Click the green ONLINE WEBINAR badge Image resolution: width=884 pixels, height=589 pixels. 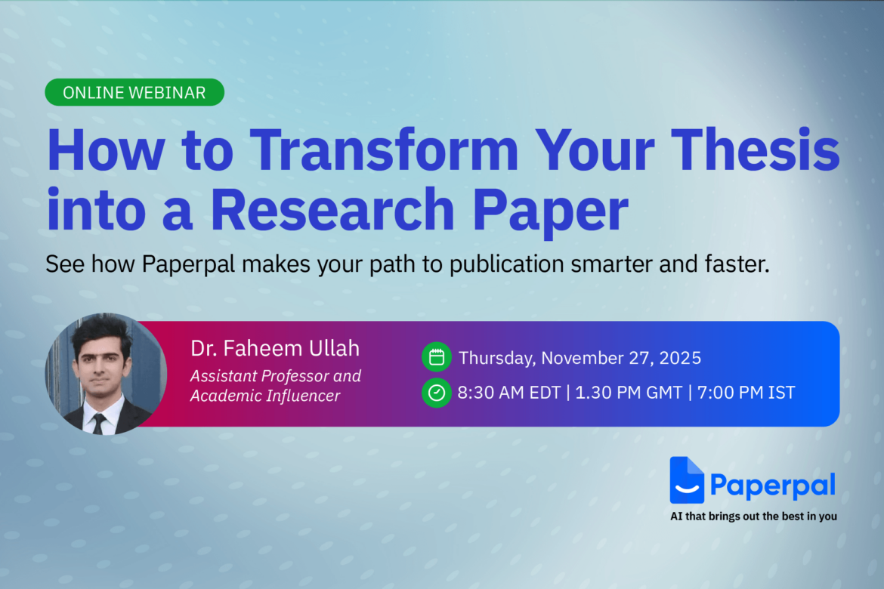[x=134, y=92]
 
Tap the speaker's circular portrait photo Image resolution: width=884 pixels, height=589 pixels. [x=106, y=374]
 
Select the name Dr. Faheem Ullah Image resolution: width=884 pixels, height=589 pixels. [x=275, y=348]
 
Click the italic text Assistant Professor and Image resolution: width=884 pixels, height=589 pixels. [x=275, y=375]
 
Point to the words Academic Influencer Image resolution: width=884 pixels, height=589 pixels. [x=264, y=396]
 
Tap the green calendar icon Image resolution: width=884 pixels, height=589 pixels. [x=436, y=357]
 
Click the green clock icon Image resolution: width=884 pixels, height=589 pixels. [x=436, y=393]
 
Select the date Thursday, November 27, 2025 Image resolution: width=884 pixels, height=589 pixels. [x=580, y=357]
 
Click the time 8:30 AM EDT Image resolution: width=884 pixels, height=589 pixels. [x=509, y=393]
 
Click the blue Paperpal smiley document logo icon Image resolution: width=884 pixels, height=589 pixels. [x=686, y=480]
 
